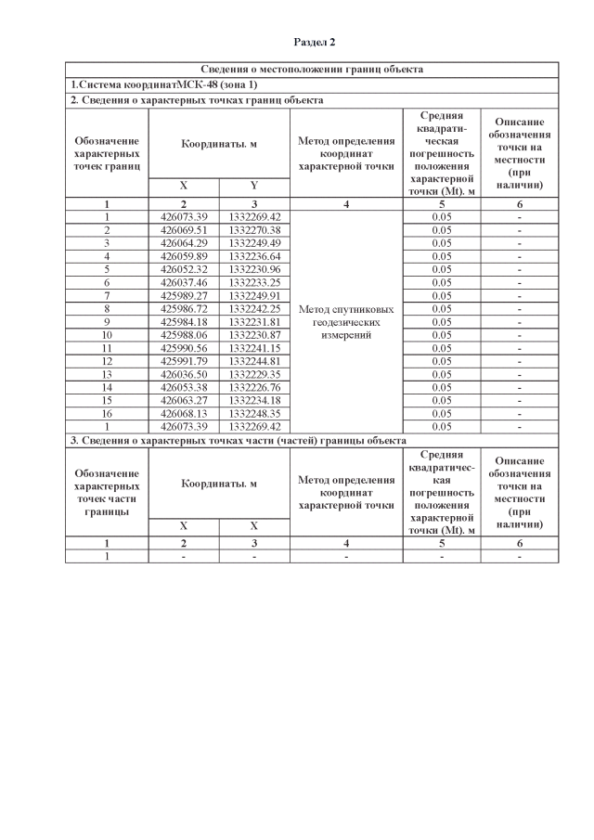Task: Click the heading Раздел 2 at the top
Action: pyautogui.click(x=315, y=42)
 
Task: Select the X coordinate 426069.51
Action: pyautogui.click(x=184, y=229)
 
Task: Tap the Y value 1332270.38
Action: pyautogui.click(x=253, y=229)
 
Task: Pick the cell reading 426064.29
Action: pyautogui.click(x=184, y=242)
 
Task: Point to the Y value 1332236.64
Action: pyautogui.click(x=253, y=255)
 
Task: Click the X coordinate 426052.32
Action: pyautogui.click(x=184, y=268)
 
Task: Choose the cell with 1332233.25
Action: pyautogui.click(x=253, y=281)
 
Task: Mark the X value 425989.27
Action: pyautogui.click(x=184, y=295)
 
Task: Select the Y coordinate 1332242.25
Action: pyautogui.click(x=253, y=308)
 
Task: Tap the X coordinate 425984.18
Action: pyautogui.click(x=184, y=321)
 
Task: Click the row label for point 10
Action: pyautogui.click(x=107, y=334)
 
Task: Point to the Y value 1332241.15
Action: pyautogui.click(x=253, y=347)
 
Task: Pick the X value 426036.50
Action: pyautogui.click(x=184, y=374)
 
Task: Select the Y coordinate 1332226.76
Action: pyautogui.click(x=253, y=387)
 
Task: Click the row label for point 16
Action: pyautogui.click(x=107, y=413)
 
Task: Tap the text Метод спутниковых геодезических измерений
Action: pyautogui.click(x=346, y=321)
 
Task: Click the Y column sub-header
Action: pyautogui.click(x=253, y=186)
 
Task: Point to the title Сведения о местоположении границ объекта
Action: pyautogui.click(x=312, y=70)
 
